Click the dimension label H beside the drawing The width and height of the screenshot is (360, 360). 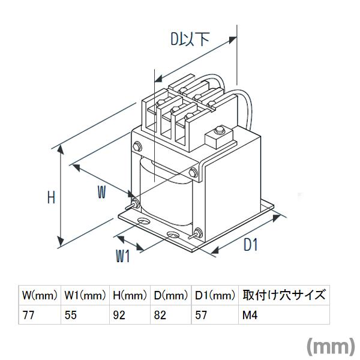click(52, 197)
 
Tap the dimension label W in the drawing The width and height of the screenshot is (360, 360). click(103, 193)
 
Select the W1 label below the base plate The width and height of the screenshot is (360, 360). click(122, 256)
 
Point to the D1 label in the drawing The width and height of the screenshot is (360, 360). click(250, 245)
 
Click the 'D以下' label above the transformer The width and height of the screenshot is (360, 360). click(190, 40)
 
